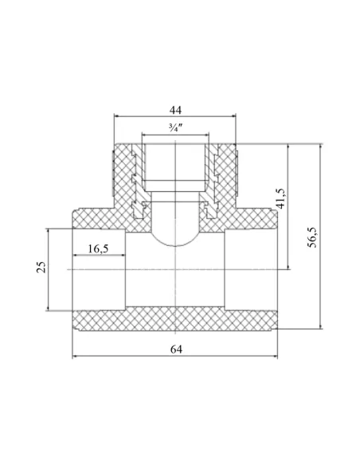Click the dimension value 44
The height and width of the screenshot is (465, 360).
click(x=175, y=110)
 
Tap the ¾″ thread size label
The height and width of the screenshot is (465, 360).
click(x=175, y=128)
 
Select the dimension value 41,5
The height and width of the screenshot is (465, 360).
click(x=280, y=198)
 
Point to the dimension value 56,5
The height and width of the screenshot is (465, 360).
click(x=312, y=236)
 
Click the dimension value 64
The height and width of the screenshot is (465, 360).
click(x=176, y=349)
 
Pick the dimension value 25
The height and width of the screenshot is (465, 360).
click(x=41, y=267)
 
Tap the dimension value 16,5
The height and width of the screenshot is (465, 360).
click(x=98, y=248)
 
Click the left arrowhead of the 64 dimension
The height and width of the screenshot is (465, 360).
click(x=75, y=356)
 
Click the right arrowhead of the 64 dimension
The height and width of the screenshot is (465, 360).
click(x=275, y=356)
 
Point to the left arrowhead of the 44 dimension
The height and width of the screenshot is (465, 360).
click(x=117, y=116)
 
